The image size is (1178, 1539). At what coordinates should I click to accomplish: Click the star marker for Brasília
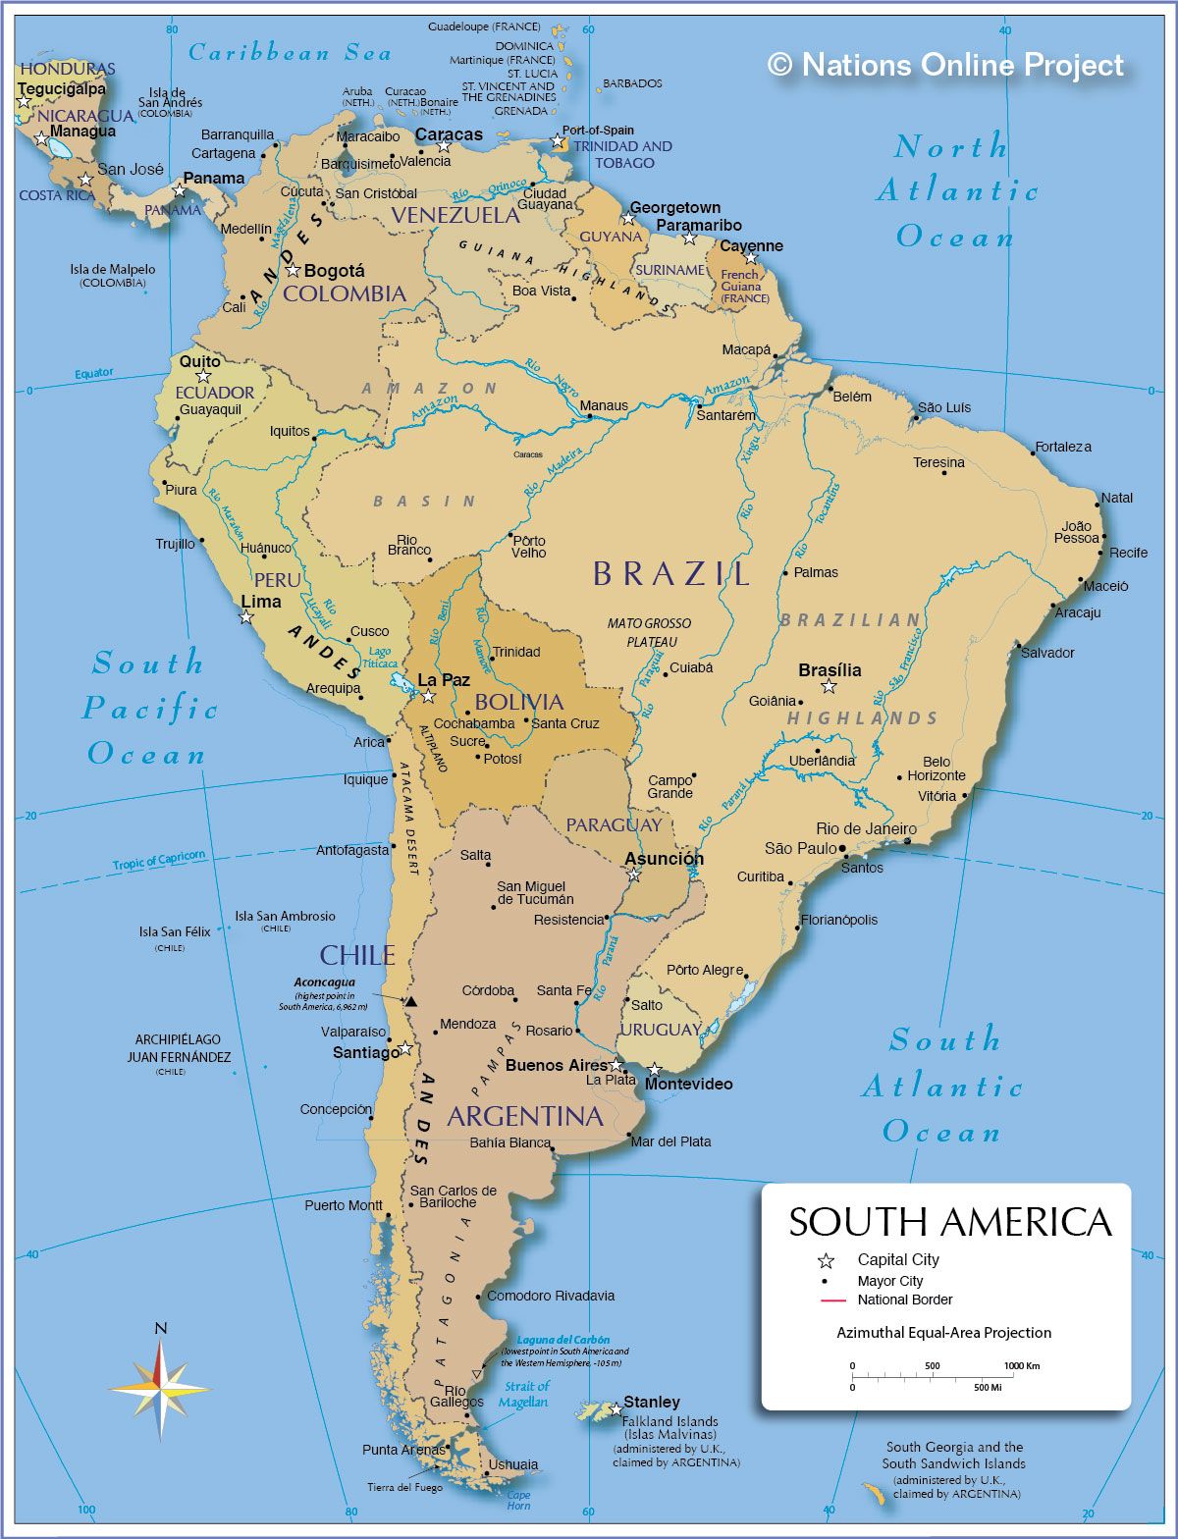pyautogui.click(x=829, y=687)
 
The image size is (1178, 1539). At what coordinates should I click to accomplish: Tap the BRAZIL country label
pyautogui.click(x=671, y=574)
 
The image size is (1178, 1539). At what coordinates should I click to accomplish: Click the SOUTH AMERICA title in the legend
pyautogui.click(x=949, y=1222)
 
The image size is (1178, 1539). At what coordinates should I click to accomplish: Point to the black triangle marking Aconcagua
pyautogui.click(x=411, y=1002)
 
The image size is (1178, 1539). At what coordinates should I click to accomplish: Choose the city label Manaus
pyautogui.click(x=604, y=405)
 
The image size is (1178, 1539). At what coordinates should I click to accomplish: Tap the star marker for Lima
pyautogui.click(x=246, y=617)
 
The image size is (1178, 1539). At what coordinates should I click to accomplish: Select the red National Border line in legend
pyautogui.click(x=832, y=1300)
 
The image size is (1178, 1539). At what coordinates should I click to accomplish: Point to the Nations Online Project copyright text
pyautogui.click(x=945, y=65)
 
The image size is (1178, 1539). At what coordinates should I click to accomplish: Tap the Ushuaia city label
pyautogui.click(x=513, y=1464)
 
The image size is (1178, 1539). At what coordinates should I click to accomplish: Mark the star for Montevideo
pyautogui.click(x=654, y=1069)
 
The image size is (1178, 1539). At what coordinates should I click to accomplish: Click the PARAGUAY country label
pyautogui.click(x=614, y=825)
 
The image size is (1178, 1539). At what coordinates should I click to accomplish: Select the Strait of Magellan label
pyautogui.click(x=525, y=1394)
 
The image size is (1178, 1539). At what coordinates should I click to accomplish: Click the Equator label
pyautogui.click(x=94, y=374)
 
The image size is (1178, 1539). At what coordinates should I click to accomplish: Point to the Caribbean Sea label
pyautogui.click(x=290, y=53)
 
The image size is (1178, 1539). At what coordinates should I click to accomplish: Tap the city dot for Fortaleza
pyautogui.click(x=1034, y=453)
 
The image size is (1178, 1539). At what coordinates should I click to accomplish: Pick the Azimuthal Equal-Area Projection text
pyautogui.click(x=943, y=1333)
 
